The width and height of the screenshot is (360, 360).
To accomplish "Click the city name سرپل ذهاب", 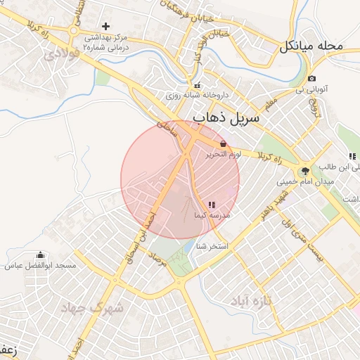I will (x=226, y=118).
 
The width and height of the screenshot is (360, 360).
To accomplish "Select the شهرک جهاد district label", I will (x=92, y=308).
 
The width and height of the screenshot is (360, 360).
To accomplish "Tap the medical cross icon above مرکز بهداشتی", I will (x=105, y=26).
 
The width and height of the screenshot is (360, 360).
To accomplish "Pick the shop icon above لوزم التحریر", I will (x=223, y=143).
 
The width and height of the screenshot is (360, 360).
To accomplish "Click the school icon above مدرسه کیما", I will (x=212, y=205).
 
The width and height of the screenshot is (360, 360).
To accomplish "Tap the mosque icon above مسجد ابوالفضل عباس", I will (x=40, y=255).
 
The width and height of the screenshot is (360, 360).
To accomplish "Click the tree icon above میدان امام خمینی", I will (x=305, y=170).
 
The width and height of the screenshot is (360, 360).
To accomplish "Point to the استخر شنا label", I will (x=212, y=246).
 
